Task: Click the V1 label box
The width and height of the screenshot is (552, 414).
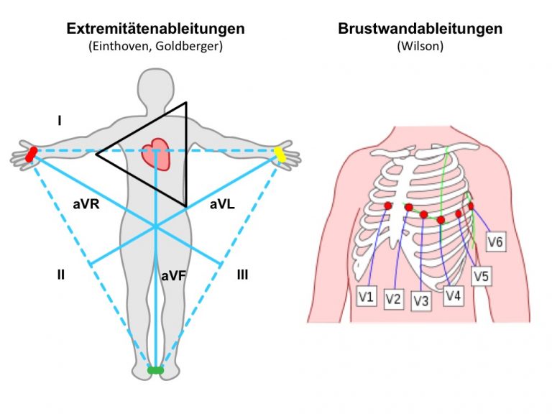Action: [x=366, y=296]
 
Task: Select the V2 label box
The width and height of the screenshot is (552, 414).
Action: [x=393, y=299]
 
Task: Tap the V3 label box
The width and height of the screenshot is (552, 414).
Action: [x=421, y=300]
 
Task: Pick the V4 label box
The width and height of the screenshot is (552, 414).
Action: [x=453, y=295]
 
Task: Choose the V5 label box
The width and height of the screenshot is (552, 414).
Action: [x=482, y=276]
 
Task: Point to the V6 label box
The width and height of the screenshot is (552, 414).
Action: [x=496, y=241]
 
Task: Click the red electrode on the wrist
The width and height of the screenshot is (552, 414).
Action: [x=32, y=155]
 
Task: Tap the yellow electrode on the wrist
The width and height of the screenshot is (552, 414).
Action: [x=280, y=155]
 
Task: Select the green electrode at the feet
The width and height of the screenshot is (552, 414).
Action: [x=155, y=370]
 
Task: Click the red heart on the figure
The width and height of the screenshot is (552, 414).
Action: [x=156, y=155]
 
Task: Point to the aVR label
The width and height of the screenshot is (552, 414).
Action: [x=86, y=204]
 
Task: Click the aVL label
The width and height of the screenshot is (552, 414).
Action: [x=222, y=204]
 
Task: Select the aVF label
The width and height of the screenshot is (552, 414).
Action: [x=173, y=276]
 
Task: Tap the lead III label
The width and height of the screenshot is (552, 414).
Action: [x=242, y=275]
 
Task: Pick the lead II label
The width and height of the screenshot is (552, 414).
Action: [x=61, y=275]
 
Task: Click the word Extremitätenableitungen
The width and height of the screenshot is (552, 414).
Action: [x=155, y=29]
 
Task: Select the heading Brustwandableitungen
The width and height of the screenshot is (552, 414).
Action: [x=420, y=29]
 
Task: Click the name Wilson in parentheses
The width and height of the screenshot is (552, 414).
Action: [x=420, y=46]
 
